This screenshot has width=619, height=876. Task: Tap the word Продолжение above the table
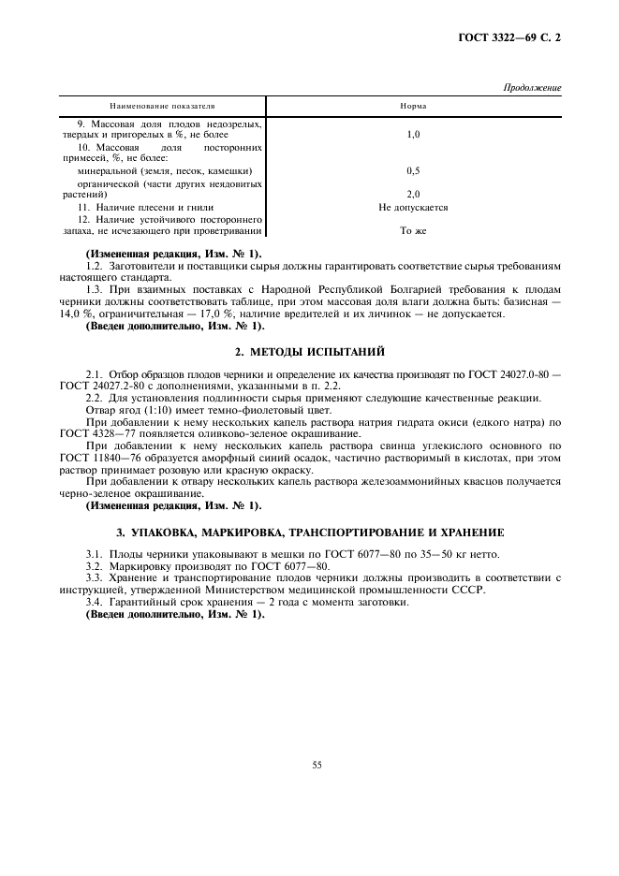click(532, 88)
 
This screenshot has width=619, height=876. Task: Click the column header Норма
click(413, 106)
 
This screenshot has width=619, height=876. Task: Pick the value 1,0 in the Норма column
click(413, 136)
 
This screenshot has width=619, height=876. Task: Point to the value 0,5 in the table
click(413, 171)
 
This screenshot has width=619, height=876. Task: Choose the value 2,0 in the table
click(413, 195)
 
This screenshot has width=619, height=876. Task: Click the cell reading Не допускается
click(413, 207)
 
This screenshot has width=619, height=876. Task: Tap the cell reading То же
click(413, 230)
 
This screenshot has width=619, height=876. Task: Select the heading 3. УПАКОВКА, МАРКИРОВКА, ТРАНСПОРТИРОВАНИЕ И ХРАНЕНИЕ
click(309, 532)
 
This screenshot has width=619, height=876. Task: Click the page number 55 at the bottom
click(317, 765)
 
